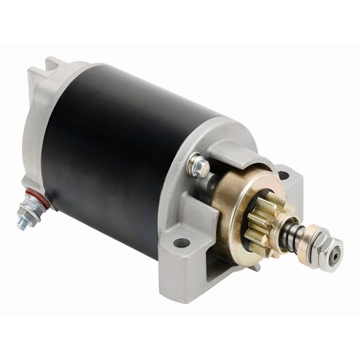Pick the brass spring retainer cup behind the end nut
click(x=306, y=237)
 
